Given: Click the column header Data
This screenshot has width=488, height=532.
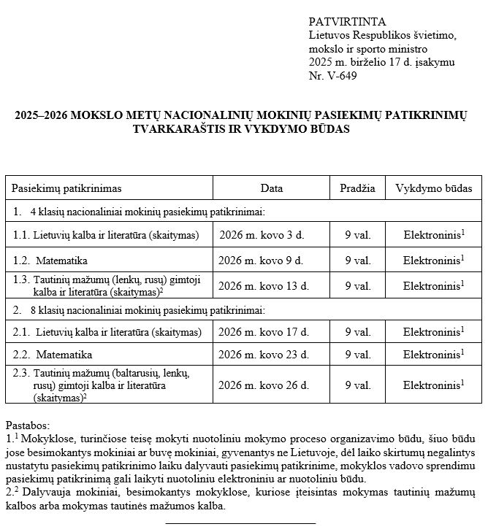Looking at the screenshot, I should tap(271, 188).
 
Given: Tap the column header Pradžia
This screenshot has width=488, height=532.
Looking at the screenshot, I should tap(357, 188).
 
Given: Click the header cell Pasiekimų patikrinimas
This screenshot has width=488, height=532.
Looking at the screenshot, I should tap(66, 188).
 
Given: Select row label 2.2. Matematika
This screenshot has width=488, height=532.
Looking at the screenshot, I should tap(53, 355).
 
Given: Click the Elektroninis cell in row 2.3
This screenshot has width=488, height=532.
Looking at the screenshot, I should tap(433, 385).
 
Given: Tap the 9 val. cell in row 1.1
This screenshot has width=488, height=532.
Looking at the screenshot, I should tap(358, 236).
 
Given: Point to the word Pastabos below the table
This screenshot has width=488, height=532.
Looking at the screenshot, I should tap(28, 425).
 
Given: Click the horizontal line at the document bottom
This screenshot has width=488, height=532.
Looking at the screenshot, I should tap(240, 523).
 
